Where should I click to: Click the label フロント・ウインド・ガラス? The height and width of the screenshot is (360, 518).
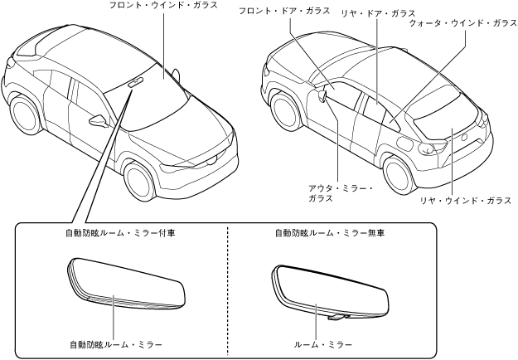pyautogui.click(x=163, y=6)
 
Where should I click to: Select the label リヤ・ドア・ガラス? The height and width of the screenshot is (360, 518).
pyautogui.click(x=378, y=14)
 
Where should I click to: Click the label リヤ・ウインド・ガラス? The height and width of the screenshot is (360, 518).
pyautogui.click(x=464, y=201)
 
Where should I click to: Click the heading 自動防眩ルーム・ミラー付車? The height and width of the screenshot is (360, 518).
pyautogui.click(x=119, y=234)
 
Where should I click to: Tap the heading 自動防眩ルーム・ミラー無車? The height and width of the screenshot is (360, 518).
pyautogui.click(x=330, y=234)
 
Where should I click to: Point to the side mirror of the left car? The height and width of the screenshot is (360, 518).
pyautogui.click(x=99, y=121)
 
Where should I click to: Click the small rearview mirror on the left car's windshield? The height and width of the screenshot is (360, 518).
pyautogui.click(x=136, y=81)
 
